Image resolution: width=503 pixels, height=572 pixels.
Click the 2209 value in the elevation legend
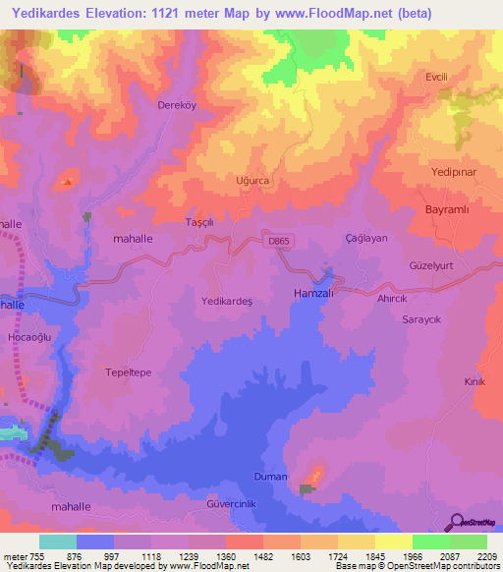click(486, 555)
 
